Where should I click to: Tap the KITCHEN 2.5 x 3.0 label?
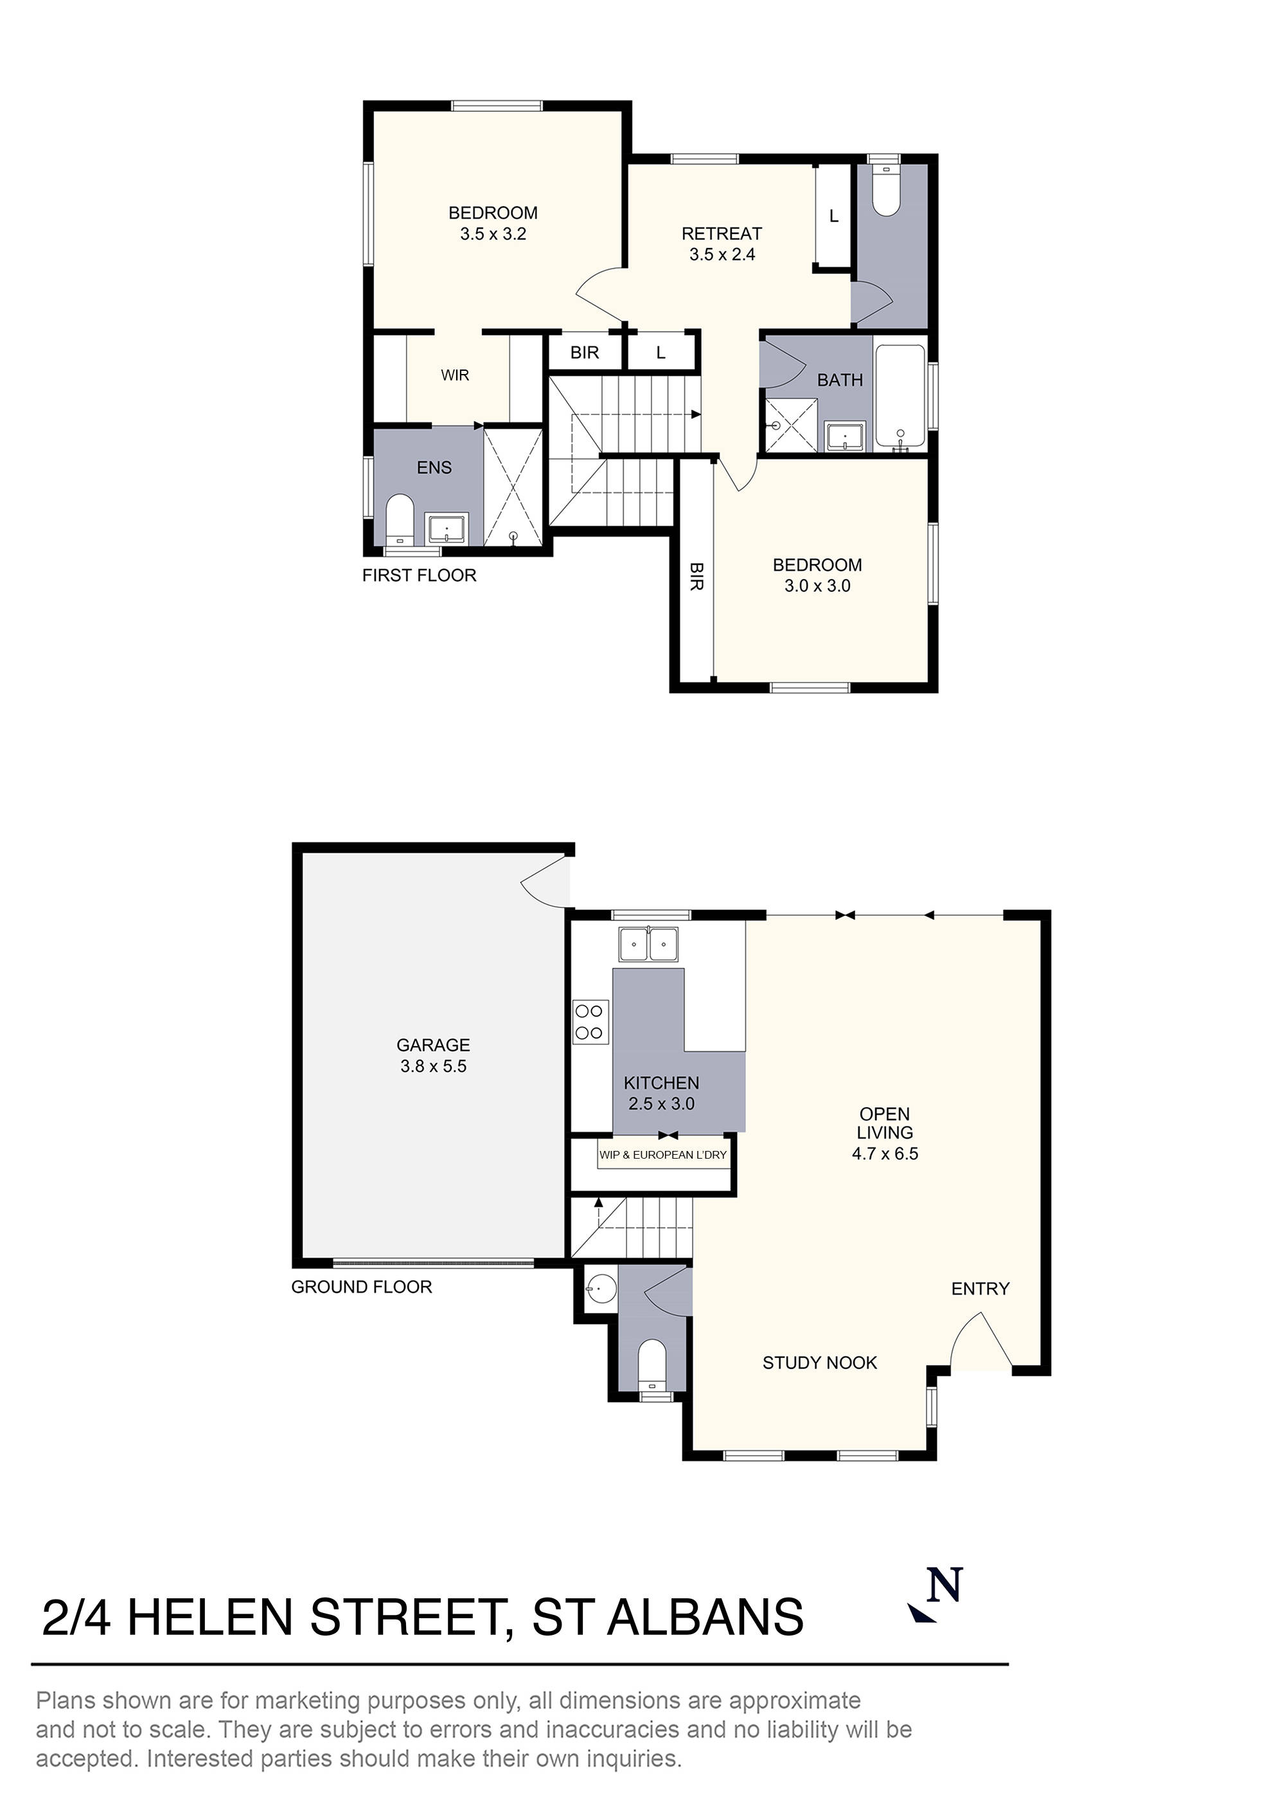pos(661,1092)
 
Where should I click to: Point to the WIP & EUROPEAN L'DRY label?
pos(662,1154)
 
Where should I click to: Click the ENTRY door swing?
pos(980,1344)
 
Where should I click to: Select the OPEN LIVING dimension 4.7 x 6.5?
pos(884,1154)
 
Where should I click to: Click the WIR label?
pos(456,375)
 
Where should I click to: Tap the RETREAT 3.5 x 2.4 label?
pos(722,244)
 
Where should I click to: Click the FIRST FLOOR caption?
pos(419,576)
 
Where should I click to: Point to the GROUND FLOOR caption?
pos(361,1287)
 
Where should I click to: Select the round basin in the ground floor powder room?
pos(600,1288)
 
